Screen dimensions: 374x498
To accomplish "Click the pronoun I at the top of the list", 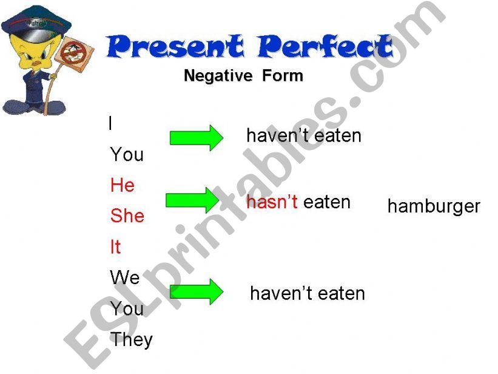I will click(110, 124).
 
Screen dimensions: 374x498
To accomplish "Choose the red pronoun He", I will click(122, 185).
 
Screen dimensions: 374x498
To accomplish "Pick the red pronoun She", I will click(127, 216).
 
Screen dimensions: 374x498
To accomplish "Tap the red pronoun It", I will click(115, 247).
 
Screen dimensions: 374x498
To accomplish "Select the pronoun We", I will click(125, 278).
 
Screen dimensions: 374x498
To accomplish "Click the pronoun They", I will click(131, 340).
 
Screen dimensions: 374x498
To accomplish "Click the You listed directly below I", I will click(127, 155).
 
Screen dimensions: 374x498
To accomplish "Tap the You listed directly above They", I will click(127, 309).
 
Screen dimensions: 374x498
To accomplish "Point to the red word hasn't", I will click(272, 202).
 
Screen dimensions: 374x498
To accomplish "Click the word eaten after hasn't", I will click(327, 202).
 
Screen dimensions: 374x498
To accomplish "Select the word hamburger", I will click(433, 206).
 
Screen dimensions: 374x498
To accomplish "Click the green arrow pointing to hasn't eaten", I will click(192, 200).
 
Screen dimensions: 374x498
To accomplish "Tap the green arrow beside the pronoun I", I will click(196, 138).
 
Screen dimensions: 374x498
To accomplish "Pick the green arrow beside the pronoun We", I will click(196, 291).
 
